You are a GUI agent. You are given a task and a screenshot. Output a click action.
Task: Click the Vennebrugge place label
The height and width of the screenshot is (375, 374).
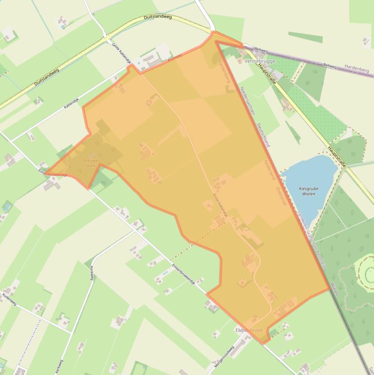[x=260, y=61]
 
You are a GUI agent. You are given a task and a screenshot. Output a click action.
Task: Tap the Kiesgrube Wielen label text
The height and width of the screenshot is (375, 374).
[x=309, y=191]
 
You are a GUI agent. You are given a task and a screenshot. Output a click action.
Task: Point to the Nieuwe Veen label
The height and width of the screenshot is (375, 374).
[x=90, y=163]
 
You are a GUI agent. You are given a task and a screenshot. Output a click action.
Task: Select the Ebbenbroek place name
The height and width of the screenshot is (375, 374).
[x=249, y=330]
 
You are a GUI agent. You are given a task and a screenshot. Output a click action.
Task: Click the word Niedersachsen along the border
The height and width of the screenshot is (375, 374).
[x=247, y=102]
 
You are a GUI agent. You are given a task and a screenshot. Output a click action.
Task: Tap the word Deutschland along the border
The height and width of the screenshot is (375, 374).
[x=263, y=135]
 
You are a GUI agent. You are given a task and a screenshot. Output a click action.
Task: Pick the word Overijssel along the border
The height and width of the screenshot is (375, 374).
[x=281, y=198]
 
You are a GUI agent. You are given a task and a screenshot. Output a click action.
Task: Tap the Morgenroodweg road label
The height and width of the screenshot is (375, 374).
[x=224, y=357]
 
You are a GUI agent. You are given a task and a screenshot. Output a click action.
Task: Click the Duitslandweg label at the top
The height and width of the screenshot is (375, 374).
[x=158, y=18]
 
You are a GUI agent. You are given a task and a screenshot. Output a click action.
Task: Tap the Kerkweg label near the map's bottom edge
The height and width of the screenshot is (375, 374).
[x=59, y=366]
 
